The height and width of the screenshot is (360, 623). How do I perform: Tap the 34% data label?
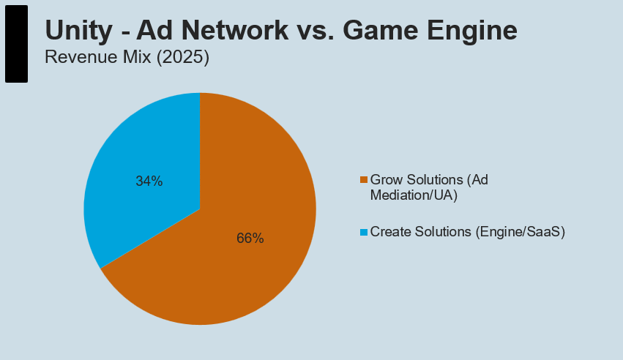(149, 181)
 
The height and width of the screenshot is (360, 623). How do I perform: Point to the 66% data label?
(250, 238)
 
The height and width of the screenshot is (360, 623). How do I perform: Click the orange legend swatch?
(364, 180)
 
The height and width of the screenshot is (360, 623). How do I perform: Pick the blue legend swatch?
(364, 232)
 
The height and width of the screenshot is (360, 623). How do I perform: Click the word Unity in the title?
(78, 31)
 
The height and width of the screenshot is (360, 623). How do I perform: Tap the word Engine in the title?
(472, 31)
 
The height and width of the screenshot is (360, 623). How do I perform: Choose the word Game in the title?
(380, 30)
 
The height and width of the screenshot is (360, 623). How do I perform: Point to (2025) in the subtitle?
(183, 57)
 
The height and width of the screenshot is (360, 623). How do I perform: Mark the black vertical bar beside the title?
(16, 44)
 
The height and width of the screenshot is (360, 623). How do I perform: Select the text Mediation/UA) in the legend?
(414, 195)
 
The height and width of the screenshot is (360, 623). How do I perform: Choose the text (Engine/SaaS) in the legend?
(520, 232)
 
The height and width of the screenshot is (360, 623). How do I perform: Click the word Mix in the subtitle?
(137, 57)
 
